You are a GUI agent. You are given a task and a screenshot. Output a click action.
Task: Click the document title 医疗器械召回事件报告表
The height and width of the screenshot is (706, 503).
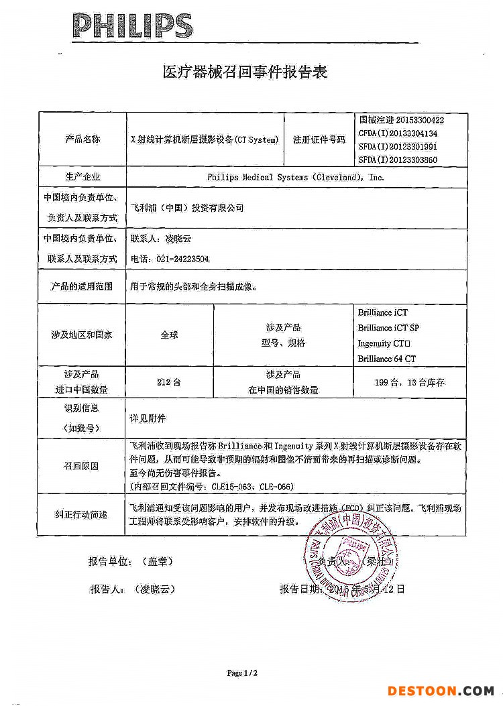(245, 72)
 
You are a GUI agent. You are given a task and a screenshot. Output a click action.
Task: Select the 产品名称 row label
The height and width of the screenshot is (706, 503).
(82, 139)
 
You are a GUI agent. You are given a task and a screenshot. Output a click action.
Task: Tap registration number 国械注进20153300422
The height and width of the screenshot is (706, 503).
(402, 120)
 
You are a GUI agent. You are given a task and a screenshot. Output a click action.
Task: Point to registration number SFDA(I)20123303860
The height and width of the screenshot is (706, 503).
(398, 160)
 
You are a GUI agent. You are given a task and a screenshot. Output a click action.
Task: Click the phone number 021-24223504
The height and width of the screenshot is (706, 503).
(169, 259)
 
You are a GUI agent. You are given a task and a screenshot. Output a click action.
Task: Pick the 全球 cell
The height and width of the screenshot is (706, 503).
(169, 335)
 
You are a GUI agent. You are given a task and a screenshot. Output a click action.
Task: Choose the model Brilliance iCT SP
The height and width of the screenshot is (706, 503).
(388, 328)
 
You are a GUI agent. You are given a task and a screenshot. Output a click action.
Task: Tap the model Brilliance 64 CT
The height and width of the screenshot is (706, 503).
(386, 359)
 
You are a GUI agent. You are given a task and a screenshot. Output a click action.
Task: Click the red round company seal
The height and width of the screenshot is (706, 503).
(351, 556)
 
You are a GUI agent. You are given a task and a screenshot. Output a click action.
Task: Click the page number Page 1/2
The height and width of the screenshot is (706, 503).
(242, 672)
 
